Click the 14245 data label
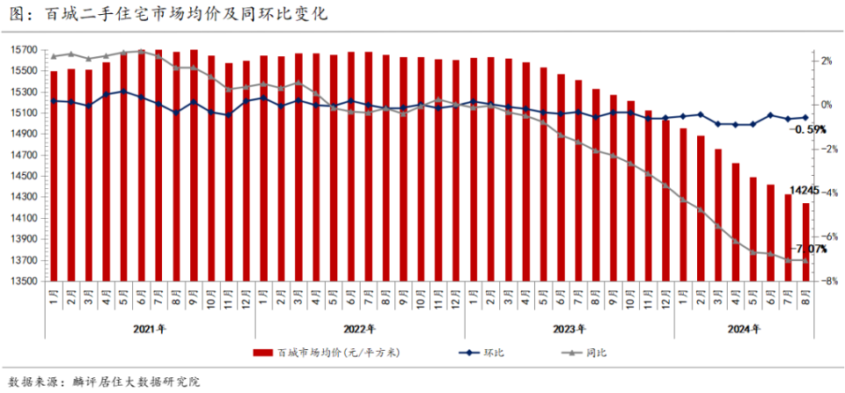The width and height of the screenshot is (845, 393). point(805,190)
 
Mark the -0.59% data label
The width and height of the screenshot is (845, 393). point(809,129)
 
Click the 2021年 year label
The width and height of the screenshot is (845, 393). point(150,329)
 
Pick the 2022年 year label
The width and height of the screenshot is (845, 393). point(359,329)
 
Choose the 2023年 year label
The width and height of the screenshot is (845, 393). point(569,329)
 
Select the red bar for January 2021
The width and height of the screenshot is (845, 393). point(54,176)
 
